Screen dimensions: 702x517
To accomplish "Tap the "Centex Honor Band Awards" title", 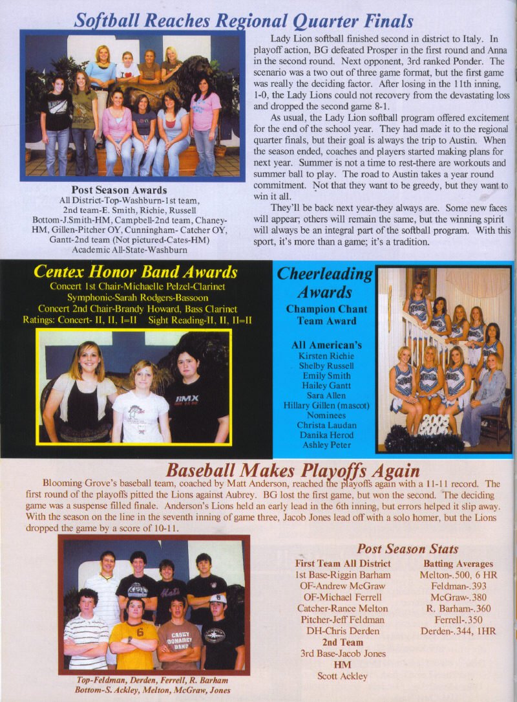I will point(135,272).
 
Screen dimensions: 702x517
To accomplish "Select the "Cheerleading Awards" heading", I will point(324,283).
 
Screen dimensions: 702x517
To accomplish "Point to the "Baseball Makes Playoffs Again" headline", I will point(293,470).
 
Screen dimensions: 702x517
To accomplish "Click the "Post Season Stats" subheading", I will point(407,549).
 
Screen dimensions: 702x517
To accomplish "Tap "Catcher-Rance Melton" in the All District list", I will point(343,608).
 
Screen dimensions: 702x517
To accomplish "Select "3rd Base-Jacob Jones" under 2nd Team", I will point(343,653).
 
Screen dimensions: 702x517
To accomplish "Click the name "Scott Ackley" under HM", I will point(343,676).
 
